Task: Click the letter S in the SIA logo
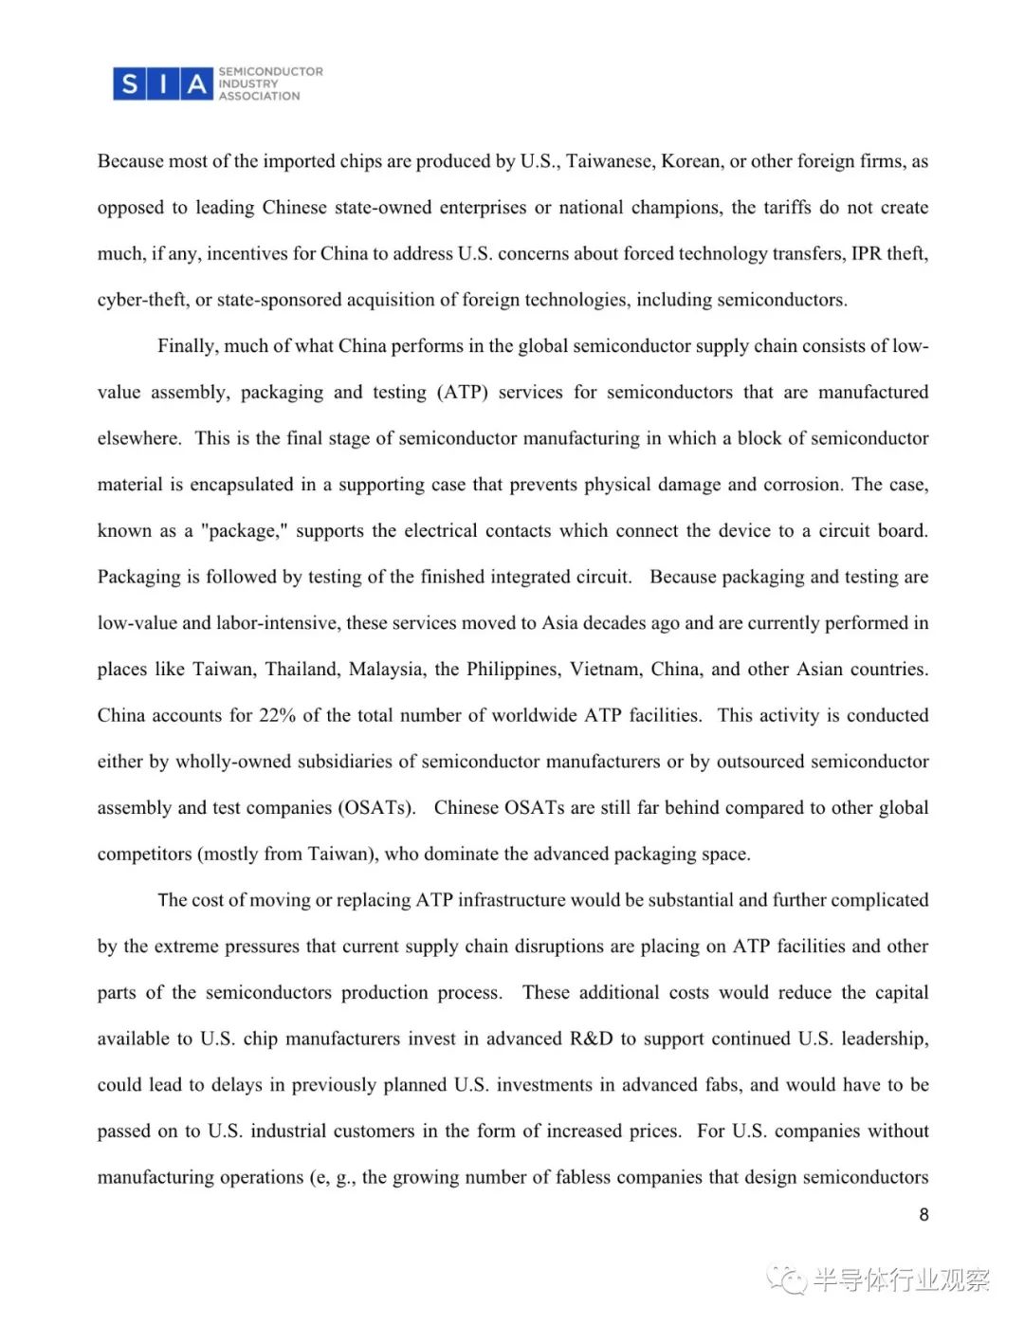[130, 84]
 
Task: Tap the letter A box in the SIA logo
[196, 84]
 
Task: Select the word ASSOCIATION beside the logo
[259, 96]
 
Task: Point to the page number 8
[923, 1214]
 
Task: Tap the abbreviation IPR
[866, 253]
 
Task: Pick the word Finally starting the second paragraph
[186, 346]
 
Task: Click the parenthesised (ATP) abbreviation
[462, 392]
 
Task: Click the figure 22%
[277, 715]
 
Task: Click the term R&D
[591, 1039]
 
